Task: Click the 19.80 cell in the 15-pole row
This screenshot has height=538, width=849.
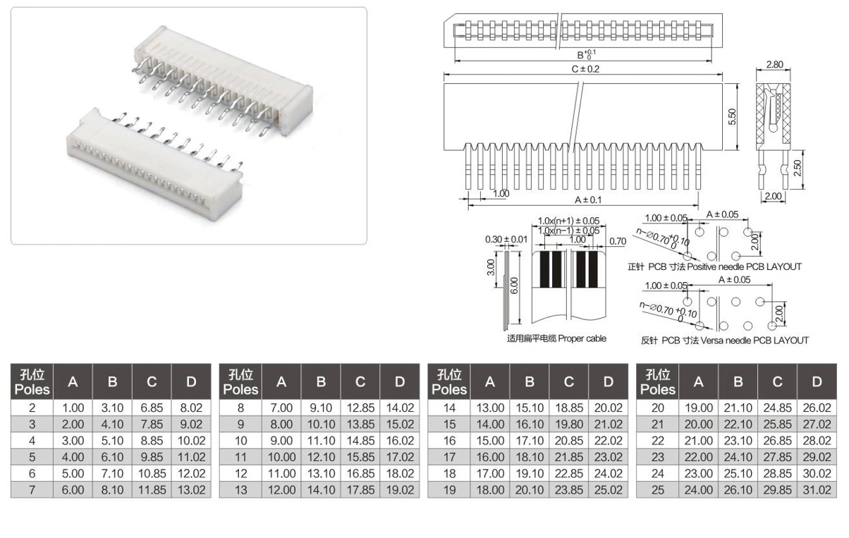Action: point(569,424)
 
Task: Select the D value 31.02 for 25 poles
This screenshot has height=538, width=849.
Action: point(817,490)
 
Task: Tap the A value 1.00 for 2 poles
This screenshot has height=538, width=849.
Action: point(73,408)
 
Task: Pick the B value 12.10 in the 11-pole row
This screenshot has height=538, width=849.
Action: point(321,457)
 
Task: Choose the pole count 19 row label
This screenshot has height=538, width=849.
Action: point(449,490)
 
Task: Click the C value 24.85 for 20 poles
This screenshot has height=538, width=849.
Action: point(777,408)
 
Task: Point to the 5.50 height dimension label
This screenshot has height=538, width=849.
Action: point(732,116)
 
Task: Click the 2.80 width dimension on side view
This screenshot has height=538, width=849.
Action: point(774,64)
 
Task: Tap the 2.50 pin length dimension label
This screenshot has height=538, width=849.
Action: point(798,168)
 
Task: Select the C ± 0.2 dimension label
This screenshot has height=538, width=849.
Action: point(585,69)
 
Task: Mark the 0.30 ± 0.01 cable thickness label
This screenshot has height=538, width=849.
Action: point(506,240)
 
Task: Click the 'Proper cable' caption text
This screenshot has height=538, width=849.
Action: point(582,338)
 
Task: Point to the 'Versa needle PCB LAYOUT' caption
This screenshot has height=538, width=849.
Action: point(755,341)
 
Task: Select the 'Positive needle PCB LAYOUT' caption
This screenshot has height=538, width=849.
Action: point(745,267)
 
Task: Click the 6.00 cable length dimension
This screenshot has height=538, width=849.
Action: point(513,286)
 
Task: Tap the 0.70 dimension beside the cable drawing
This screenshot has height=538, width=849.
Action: point(618,241)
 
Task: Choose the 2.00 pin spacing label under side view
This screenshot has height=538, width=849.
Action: point(773,196)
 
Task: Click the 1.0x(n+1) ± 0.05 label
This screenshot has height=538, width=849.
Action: point(568,221)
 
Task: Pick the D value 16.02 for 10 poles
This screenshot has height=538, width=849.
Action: point(400,441)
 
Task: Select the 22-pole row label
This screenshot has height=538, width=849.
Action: point(658,441)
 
